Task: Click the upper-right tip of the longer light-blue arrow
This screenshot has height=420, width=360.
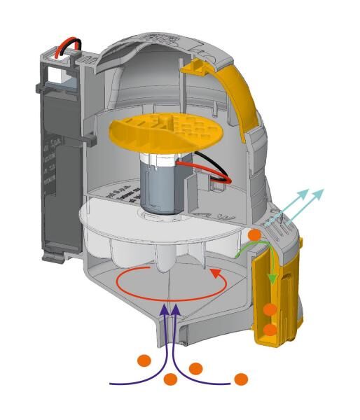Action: pos(323,190)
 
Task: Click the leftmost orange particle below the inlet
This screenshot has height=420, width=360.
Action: pos(144,361)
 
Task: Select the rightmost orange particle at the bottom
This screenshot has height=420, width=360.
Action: pos(241,379)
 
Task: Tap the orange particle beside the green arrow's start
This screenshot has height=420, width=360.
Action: pos(255,234)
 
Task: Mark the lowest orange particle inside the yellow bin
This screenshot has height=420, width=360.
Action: pos(270,329)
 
